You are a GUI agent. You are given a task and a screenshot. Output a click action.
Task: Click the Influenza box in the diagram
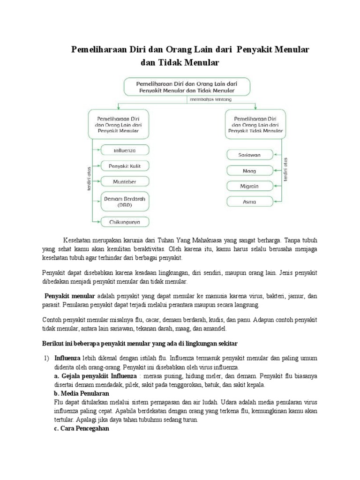124,150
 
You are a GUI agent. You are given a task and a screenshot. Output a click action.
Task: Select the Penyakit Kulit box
124,165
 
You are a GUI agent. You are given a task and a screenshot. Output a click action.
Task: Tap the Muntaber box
124,181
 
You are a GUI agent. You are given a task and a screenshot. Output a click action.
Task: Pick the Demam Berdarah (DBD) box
124,201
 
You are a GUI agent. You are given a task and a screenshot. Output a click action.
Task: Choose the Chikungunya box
124,221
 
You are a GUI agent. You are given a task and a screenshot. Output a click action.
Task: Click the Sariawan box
249,154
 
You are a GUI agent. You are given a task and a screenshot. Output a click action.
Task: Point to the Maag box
249,170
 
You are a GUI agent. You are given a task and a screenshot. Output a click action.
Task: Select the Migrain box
249,186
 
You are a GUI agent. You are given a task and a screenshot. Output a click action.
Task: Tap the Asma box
249,202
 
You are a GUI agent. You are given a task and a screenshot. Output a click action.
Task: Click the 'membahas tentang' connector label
210,99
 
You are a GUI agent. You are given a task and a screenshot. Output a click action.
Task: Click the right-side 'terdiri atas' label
285,169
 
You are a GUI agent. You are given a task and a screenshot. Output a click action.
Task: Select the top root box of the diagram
187,86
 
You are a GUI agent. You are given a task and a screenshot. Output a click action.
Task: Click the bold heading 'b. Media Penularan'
82,393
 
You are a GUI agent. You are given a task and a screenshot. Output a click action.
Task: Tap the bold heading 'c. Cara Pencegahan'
82,428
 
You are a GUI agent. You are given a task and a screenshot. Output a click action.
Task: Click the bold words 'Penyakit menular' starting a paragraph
69,296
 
